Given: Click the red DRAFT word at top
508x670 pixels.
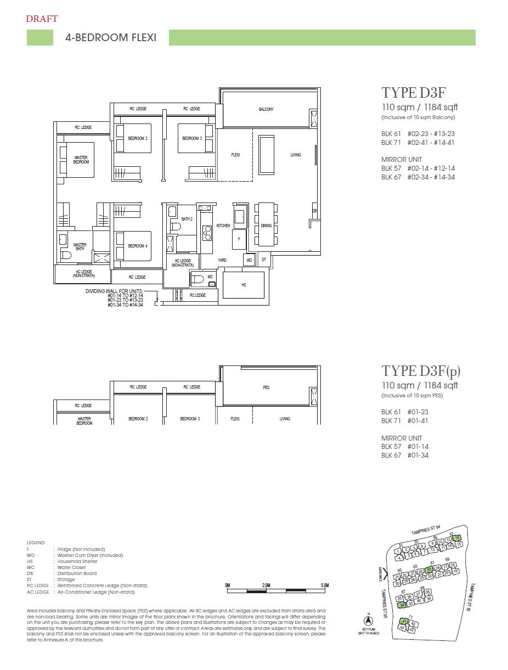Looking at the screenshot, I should point(42,19).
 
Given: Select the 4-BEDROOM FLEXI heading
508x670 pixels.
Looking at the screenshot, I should point(111,38).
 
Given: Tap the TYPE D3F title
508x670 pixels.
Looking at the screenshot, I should point(409,92).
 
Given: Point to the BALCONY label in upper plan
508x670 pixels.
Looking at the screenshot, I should point(266,110).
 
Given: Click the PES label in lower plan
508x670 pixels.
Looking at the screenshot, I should point(266,387).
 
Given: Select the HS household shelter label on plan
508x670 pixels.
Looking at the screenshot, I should point(244,285).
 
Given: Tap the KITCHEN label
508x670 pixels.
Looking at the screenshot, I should point(223,226).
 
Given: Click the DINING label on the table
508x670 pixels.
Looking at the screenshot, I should point(266,226).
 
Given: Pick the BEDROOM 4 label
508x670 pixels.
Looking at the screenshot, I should point(138,246).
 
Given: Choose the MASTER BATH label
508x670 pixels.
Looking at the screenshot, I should point(80,247).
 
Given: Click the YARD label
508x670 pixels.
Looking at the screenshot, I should point(222,260).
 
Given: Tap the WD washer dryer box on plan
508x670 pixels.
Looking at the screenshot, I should point(249,260).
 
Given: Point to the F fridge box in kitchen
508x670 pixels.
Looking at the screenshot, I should point(239,239).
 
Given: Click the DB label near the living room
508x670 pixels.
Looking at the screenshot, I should point(314,211).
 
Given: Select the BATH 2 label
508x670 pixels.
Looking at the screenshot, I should point(187,219).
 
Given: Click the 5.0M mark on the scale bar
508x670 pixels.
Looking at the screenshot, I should point(325,585).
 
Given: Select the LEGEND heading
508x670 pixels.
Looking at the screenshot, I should point(36,543).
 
